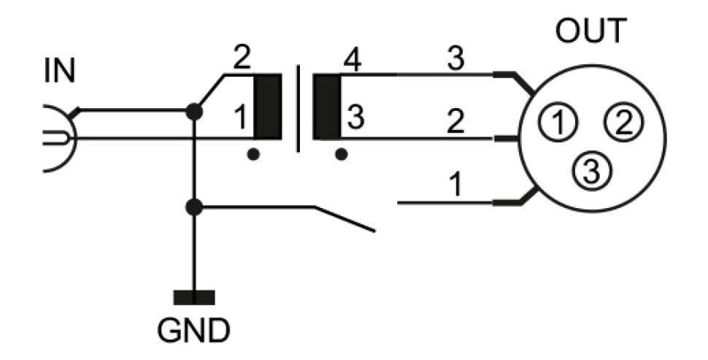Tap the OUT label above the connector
coord(590,31)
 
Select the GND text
coord(193,330)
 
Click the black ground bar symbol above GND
coord(194,297)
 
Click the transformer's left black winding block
coord(267,107)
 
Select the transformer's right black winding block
coord(327,107)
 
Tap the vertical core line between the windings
coord(297,108)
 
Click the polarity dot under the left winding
coord(253,155)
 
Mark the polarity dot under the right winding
coord(341,155)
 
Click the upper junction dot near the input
coord(194,112)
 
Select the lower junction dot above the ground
coord(194,207)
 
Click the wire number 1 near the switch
coord(455,185)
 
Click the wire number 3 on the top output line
coord(455,61)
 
